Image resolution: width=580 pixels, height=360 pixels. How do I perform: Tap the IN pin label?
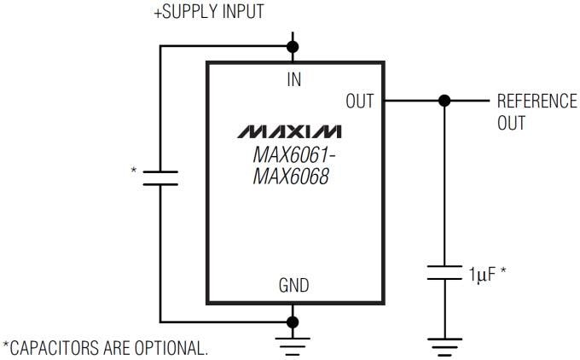click(293, 79)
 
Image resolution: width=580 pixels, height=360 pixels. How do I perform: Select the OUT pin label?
click(359, 101)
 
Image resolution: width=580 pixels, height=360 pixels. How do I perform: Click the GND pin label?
click(293, 286)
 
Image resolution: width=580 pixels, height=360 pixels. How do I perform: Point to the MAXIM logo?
click(290, 132)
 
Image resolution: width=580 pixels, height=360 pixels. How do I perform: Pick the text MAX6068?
click(292, 179)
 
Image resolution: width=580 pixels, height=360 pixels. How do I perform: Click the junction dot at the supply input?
click(293, 46)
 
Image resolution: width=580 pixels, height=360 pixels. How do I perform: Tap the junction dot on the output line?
click(443, 101)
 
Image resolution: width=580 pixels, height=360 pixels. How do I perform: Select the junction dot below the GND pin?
click(293, 322)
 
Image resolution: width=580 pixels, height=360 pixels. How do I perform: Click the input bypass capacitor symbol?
click(160, 177)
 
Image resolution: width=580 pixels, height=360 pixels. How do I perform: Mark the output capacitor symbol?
click(443, 273)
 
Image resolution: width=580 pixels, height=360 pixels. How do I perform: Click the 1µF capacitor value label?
click(484, 275)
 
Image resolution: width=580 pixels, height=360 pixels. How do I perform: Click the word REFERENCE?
click(536, 101)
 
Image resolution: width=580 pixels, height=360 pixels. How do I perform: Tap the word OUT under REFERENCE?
click(511, 123)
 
